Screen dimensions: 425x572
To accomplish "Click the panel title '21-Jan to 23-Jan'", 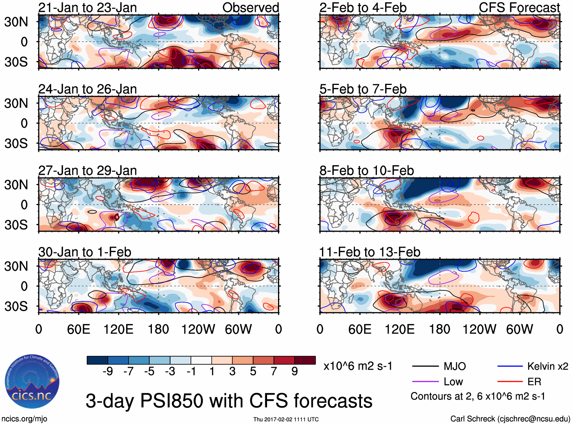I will pyautogui.click(x=88, y=8).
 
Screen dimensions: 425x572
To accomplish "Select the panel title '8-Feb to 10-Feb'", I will pyautogui.click(x=366, y=171).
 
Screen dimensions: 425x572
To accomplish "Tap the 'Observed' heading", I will pyautogui.click(x=250, y=8).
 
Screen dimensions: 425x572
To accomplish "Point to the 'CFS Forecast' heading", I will pyautogui.click(x=519, y=8).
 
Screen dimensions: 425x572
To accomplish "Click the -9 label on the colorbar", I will pyautogui.click(x=108, y=372).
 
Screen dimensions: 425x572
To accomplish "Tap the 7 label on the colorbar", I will pyautogui.click(x=274, y=372).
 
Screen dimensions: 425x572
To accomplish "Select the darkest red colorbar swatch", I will pyautogui.click(x=305, y=360).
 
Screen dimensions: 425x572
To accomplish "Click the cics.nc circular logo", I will pyautogui.click(x=32, y=382).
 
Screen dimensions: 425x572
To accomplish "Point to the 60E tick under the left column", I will pyautogui.click(x=78, y=329).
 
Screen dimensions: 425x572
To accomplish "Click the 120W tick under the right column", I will pyautogui.click(x=479, y=329).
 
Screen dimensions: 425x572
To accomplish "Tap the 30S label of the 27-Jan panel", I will pyautogui.click(x=16, y=225).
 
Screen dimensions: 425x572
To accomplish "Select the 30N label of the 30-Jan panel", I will pyautogui.click(x=16, y=266).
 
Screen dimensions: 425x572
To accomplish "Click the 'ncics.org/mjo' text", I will pyautogui.click(x=24, y=419).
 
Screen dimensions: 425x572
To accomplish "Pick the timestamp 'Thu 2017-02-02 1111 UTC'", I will pyautogui.click(x=286, y=419).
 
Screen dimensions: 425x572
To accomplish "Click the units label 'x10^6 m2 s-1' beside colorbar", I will pyautogui.click(x=358, y=366).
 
